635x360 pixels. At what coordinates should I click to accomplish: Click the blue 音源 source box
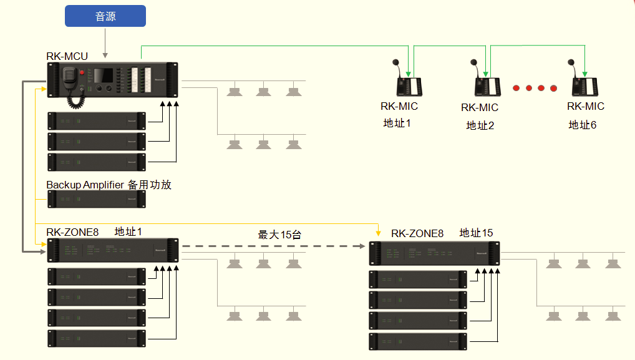105,16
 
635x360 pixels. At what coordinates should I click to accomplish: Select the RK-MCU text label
67,56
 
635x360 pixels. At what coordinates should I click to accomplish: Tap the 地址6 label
582,125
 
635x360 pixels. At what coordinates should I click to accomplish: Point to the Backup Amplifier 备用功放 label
109,185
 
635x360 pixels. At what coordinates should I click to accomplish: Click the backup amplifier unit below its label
97,199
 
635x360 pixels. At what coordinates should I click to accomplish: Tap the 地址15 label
476,233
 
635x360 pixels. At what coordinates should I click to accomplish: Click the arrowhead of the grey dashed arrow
361,246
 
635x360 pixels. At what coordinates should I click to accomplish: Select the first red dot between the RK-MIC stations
516,88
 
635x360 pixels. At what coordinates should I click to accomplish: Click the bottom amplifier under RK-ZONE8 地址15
418,341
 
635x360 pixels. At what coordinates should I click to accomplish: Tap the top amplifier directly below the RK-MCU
97,120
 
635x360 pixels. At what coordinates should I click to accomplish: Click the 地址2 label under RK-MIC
480,125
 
